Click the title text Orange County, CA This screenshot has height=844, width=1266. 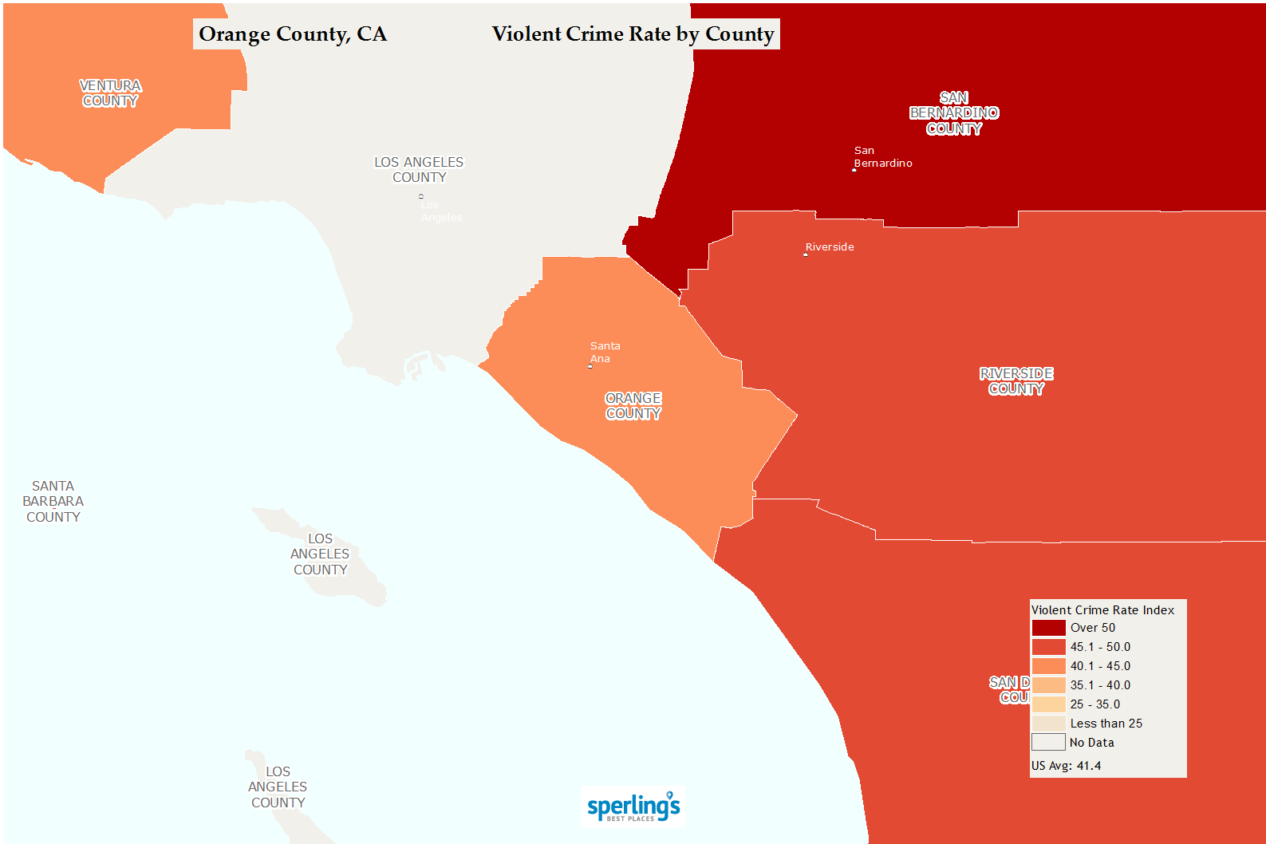point(293,34)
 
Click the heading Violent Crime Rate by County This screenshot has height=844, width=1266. point(633,34)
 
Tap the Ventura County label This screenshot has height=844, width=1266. point(110,93)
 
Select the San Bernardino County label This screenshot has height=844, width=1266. point(954,113)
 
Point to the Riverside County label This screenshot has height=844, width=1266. point(1016,381)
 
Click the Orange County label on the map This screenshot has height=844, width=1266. point(633,406)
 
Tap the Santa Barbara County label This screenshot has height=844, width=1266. point(53,502)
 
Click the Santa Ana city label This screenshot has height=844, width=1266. point(605,352)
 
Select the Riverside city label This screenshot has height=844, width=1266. point(830,247)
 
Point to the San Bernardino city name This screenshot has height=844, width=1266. point(881,157)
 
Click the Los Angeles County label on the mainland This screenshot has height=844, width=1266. point(419,170)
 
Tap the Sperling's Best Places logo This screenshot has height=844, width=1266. point(633,807)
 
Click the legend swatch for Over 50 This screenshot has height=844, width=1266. point(1048,628)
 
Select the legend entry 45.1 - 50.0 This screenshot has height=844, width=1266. point(1100,647)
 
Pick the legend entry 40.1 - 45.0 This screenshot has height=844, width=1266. point(1100,666)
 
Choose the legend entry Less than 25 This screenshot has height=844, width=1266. point(1106,724)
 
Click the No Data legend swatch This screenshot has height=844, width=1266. point(1048,743)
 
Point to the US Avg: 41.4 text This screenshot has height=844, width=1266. point(1066,766)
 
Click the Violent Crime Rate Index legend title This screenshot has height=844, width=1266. point(1102,610)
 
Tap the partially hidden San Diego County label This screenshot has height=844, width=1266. point(1010,690)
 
